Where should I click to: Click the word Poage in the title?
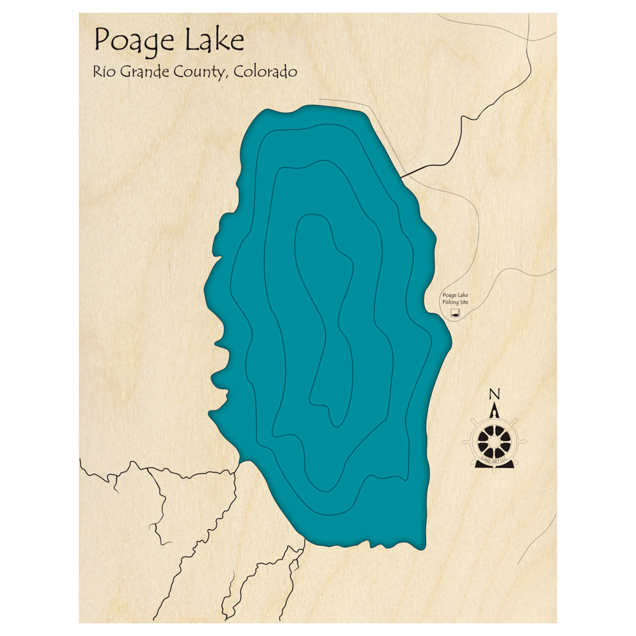[x=134, y=41]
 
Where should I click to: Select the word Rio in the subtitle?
[x=105, y=71]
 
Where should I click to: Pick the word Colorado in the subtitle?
[x=265, y=71]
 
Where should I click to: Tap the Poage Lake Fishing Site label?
[x=455, y=298]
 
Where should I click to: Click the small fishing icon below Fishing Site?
[x=455, y=314]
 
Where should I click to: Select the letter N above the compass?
[x=494, y=394]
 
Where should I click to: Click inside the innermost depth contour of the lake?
[x=324, y=318]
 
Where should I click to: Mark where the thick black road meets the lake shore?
[x=401, y=176]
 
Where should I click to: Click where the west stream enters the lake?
[x=240, y=462]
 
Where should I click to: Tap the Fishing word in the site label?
[x=450, y=302]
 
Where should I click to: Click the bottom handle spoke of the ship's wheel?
[x=494, y=465]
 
